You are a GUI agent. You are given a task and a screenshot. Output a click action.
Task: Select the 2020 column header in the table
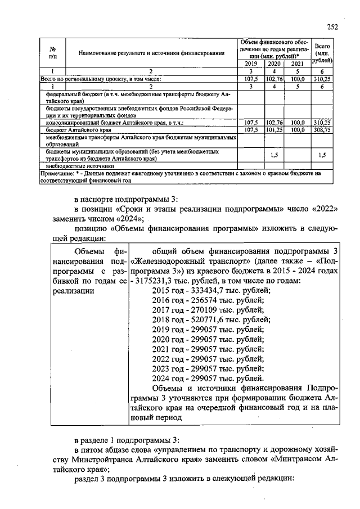coord(274,64)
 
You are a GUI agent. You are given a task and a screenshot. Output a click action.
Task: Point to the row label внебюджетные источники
coord(74,166)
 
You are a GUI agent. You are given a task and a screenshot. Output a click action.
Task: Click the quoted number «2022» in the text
coord(325,209)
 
